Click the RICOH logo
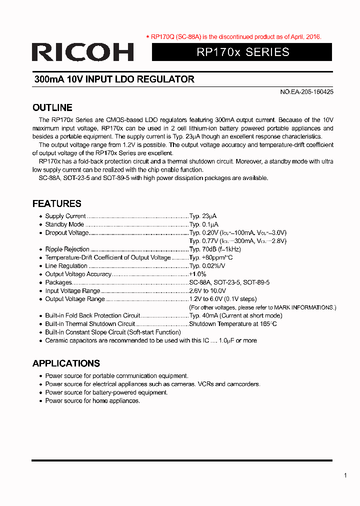(x=82, y=52)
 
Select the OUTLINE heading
(x=52, y=107)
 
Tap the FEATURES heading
(x=56, y=203)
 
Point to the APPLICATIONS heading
(x=66, y=363)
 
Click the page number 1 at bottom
(x=345, y=475)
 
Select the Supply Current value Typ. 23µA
(x=203, y=216)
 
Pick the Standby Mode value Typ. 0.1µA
(x=203, y=224)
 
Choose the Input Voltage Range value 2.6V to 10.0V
(x=207, y=290)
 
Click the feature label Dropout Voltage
(x=67, y=232)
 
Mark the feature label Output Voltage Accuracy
(x=78, y=274)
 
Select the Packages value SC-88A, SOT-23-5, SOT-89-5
(x=229, y=282)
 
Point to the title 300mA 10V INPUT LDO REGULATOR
(x=114, y=79)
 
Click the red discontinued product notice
(x=233, y=36)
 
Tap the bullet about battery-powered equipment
(x=106, y=392)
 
